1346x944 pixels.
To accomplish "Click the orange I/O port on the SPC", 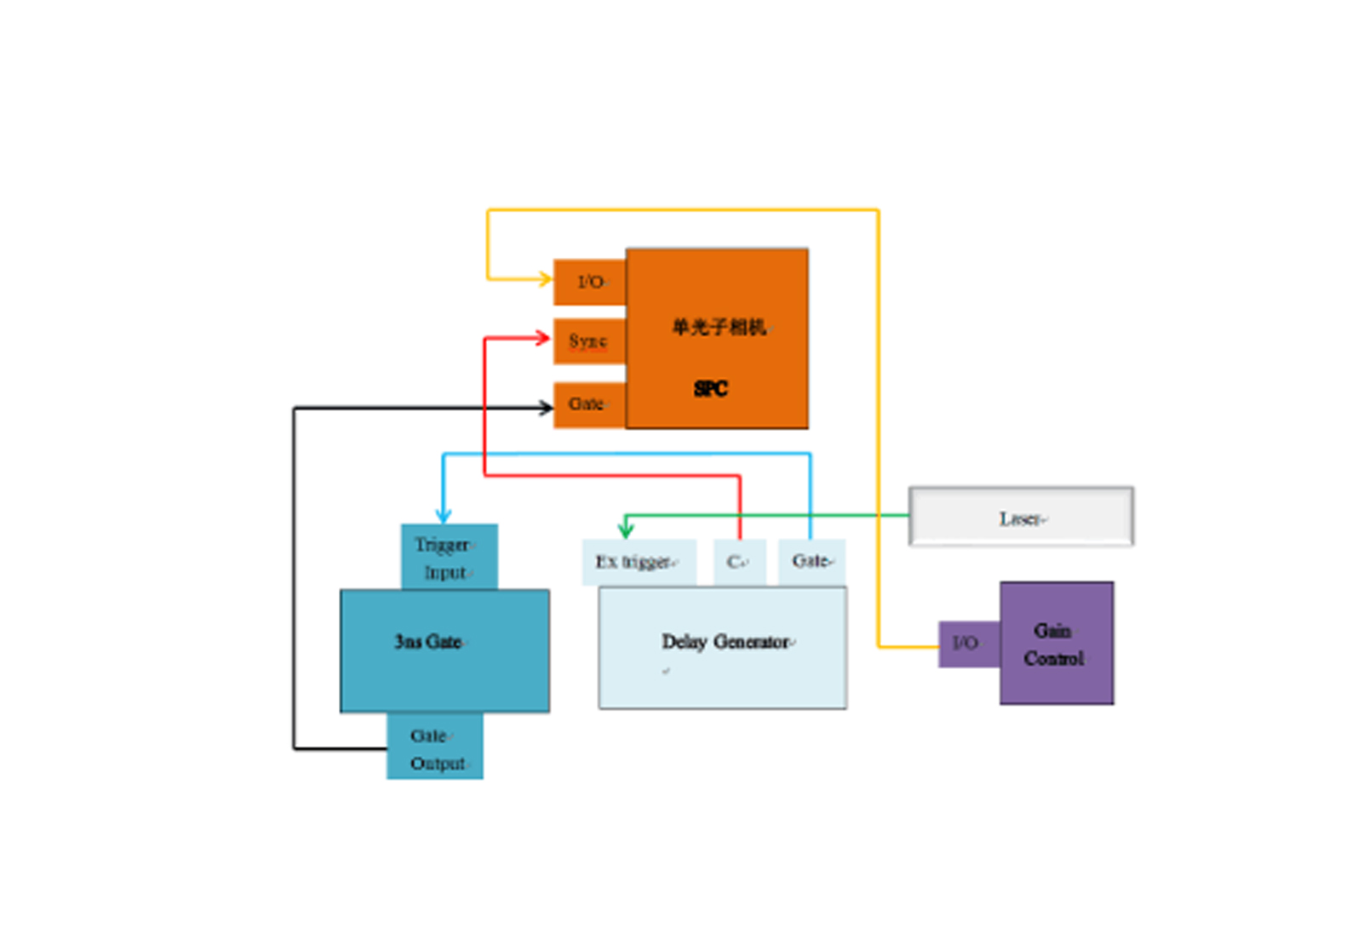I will tap(589, 282).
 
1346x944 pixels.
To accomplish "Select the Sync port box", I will tap(588, 341).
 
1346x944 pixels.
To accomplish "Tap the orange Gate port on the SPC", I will tap(587, 404).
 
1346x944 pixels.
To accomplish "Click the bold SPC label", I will tap(710, 389).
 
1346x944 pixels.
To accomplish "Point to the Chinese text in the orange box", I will tap(719, 327).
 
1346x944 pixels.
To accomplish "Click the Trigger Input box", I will tap(449, 558).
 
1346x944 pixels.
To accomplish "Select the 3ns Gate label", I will tap(428, 642).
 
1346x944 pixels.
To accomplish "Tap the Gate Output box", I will tap(435, 749).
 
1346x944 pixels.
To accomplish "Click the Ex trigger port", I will tap(638, 562).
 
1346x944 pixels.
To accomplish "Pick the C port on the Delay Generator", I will tap(738, 562).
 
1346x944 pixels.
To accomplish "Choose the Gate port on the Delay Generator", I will tap(812, 561).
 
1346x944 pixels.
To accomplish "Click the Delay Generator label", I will tap(726, 642).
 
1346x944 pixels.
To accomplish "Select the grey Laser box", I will tap(1021, 518).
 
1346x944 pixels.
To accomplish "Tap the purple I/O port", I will tap(967, 644).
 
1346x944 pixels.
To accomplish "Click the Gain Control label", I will tap(1054, 644).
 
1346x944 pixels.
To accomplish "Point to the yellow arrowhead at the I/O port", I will tap(545, 278).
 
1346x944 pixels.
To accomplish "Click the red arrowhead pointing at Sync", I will tap(542, 338).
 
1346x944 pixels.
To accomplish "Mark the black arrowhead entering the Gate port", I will tap(546, 408).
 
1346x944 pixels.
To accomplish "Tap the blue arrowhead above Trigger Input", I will tap(443, 516).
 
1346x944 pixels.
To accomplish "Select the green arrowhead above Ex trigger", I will tap(626, 530).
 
